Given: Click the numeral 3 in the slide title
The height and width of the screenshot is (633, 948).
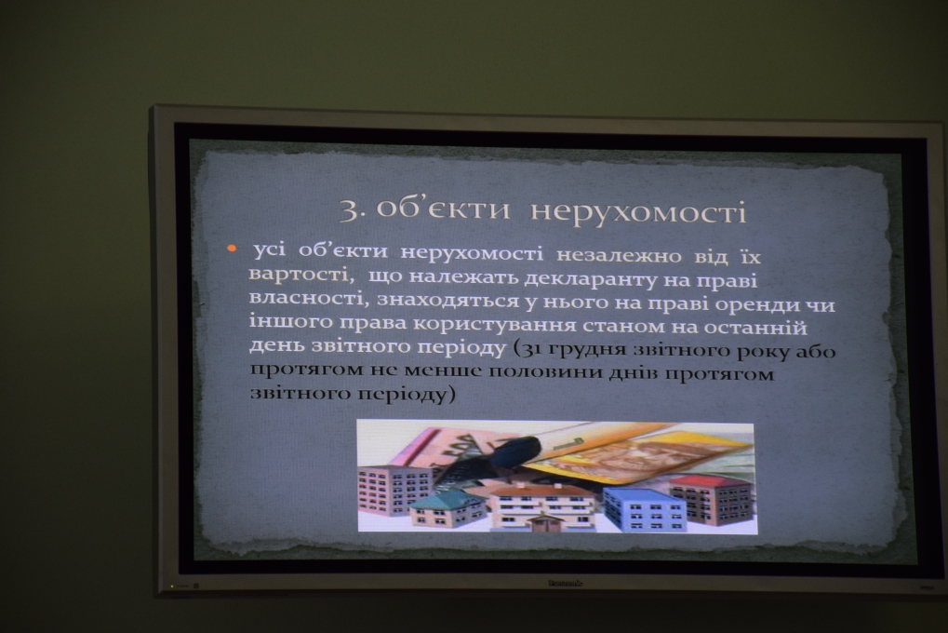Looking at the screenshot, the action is coord(350,210).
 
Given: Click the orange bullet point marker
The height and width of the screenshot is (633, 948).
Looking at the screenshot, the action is coord(231,249).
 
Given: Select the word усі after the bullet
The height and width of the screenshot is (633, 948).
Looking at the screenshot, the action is coord(269,249).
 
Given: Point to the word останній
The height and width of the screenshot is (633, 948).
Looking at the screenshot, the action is coord(755,328).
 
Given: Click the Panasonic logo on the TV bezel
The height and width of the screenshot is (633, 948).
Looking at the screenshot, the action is coord(566,583).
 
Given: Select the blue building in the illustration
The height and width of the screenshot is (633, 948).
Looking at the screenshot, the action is coord(644,509).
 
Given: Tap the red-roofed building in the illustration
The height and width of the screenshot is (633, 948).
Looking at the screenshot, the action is coord(713,498).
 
